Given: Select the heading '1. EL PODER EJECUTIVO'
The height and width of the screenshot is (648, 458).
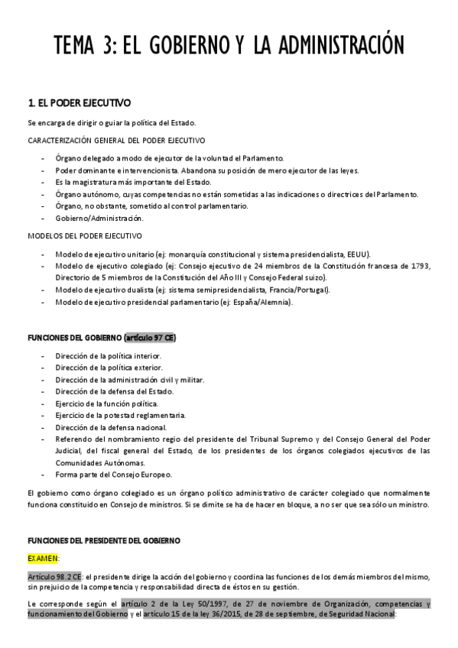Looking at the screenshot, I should coord(79,102).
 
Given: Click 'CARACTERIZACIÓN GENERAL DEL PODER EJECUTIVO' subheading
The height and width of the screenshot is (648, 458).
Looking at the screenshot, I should coord(115,141).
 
